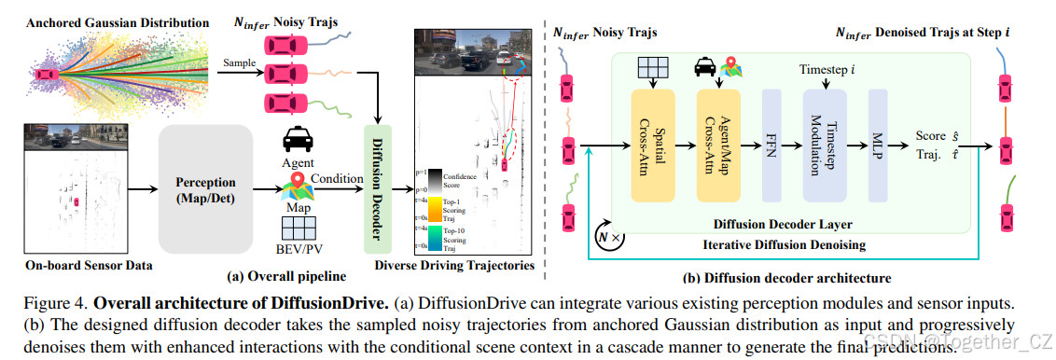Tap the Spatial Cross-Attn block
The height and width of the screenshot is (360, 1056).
coord(653,145)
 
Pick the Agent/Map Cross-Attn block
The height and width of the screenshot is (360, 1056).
coord(718,145)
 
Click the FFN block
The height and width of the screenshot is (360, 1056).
coord(771,145)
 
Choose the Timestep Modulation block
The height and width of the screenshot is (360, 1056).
coord(825,145)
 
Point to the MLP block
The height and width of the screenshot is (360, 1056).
coord(878,145)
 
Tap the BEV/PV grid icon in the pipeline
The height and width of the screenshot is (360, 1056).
coord(299,227)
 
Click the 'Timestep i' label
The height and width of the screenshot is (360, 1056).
coord(827,70)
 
